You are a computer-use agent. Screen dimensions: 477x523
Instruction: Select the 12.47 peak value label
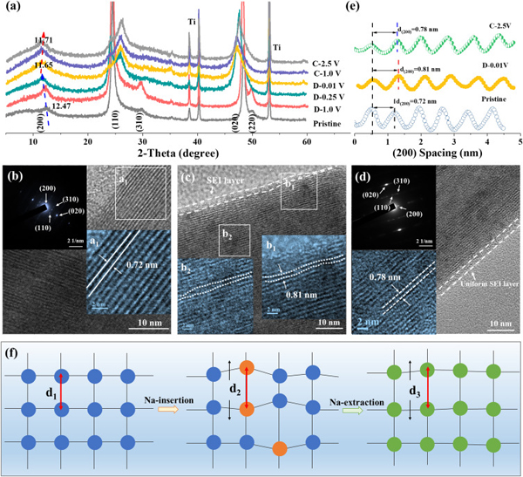click(x=58, y=106)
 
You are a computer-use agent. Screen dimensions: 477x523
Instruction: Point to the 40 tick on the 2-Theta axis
click(x=197, y=140)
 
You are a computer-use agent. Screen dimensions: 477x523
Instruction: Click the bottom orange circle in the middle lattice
click(x=280, y=450)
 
